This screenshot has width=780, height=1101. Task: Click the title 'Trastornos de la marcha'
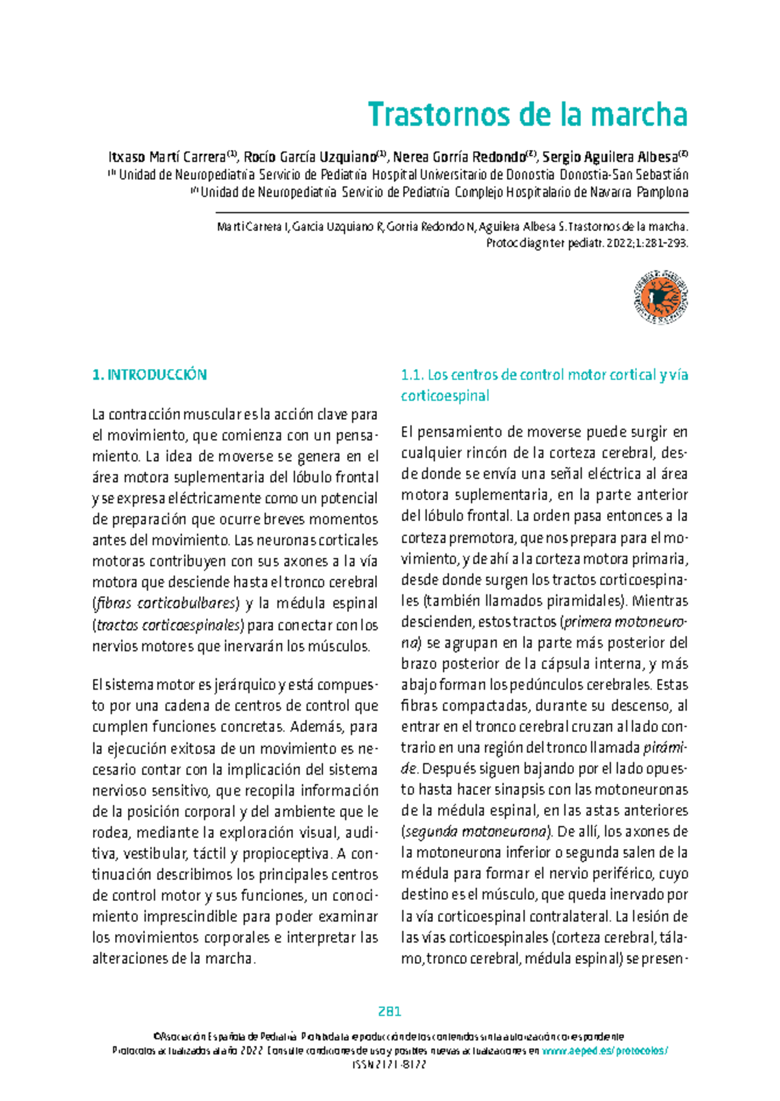point(527,115)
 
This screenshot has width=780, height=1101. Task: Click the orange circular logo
point(660,297)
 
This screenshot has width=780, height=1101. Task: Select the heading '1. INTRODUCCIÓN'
point(149,375)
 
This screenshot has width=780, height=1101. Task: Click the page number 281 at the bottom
point(389,1011)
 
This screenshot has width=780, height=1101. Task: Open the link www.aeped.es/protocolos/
point(604,1052)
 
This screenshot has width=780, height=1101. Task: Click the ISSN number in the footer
point(389,1066)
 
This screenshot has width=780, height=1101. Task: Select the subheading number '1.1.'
point(412,375)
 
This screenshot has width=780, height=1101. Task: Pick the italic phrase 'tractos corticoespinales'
point(169,625)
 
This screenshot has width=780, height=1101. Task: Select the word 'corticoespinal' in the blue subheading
point(445,396)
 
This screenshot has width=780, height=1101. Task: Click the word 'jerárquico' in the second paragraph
point(246,685)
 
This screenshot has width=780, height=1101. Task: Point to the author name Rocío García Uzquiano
point(310,157)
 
